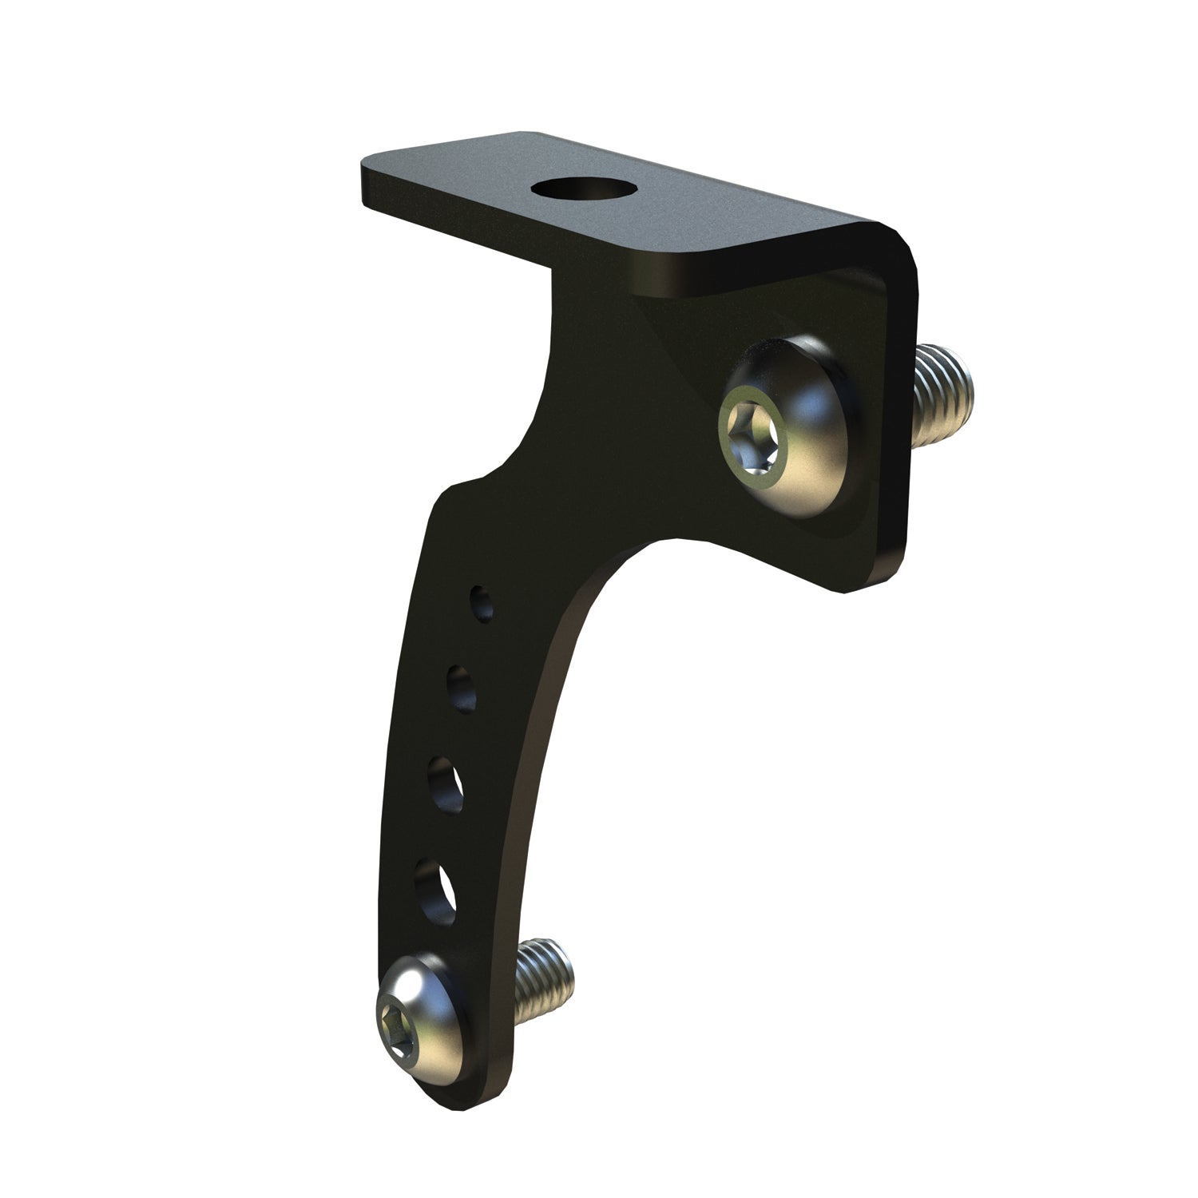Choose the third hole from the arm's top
(447, 783)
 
